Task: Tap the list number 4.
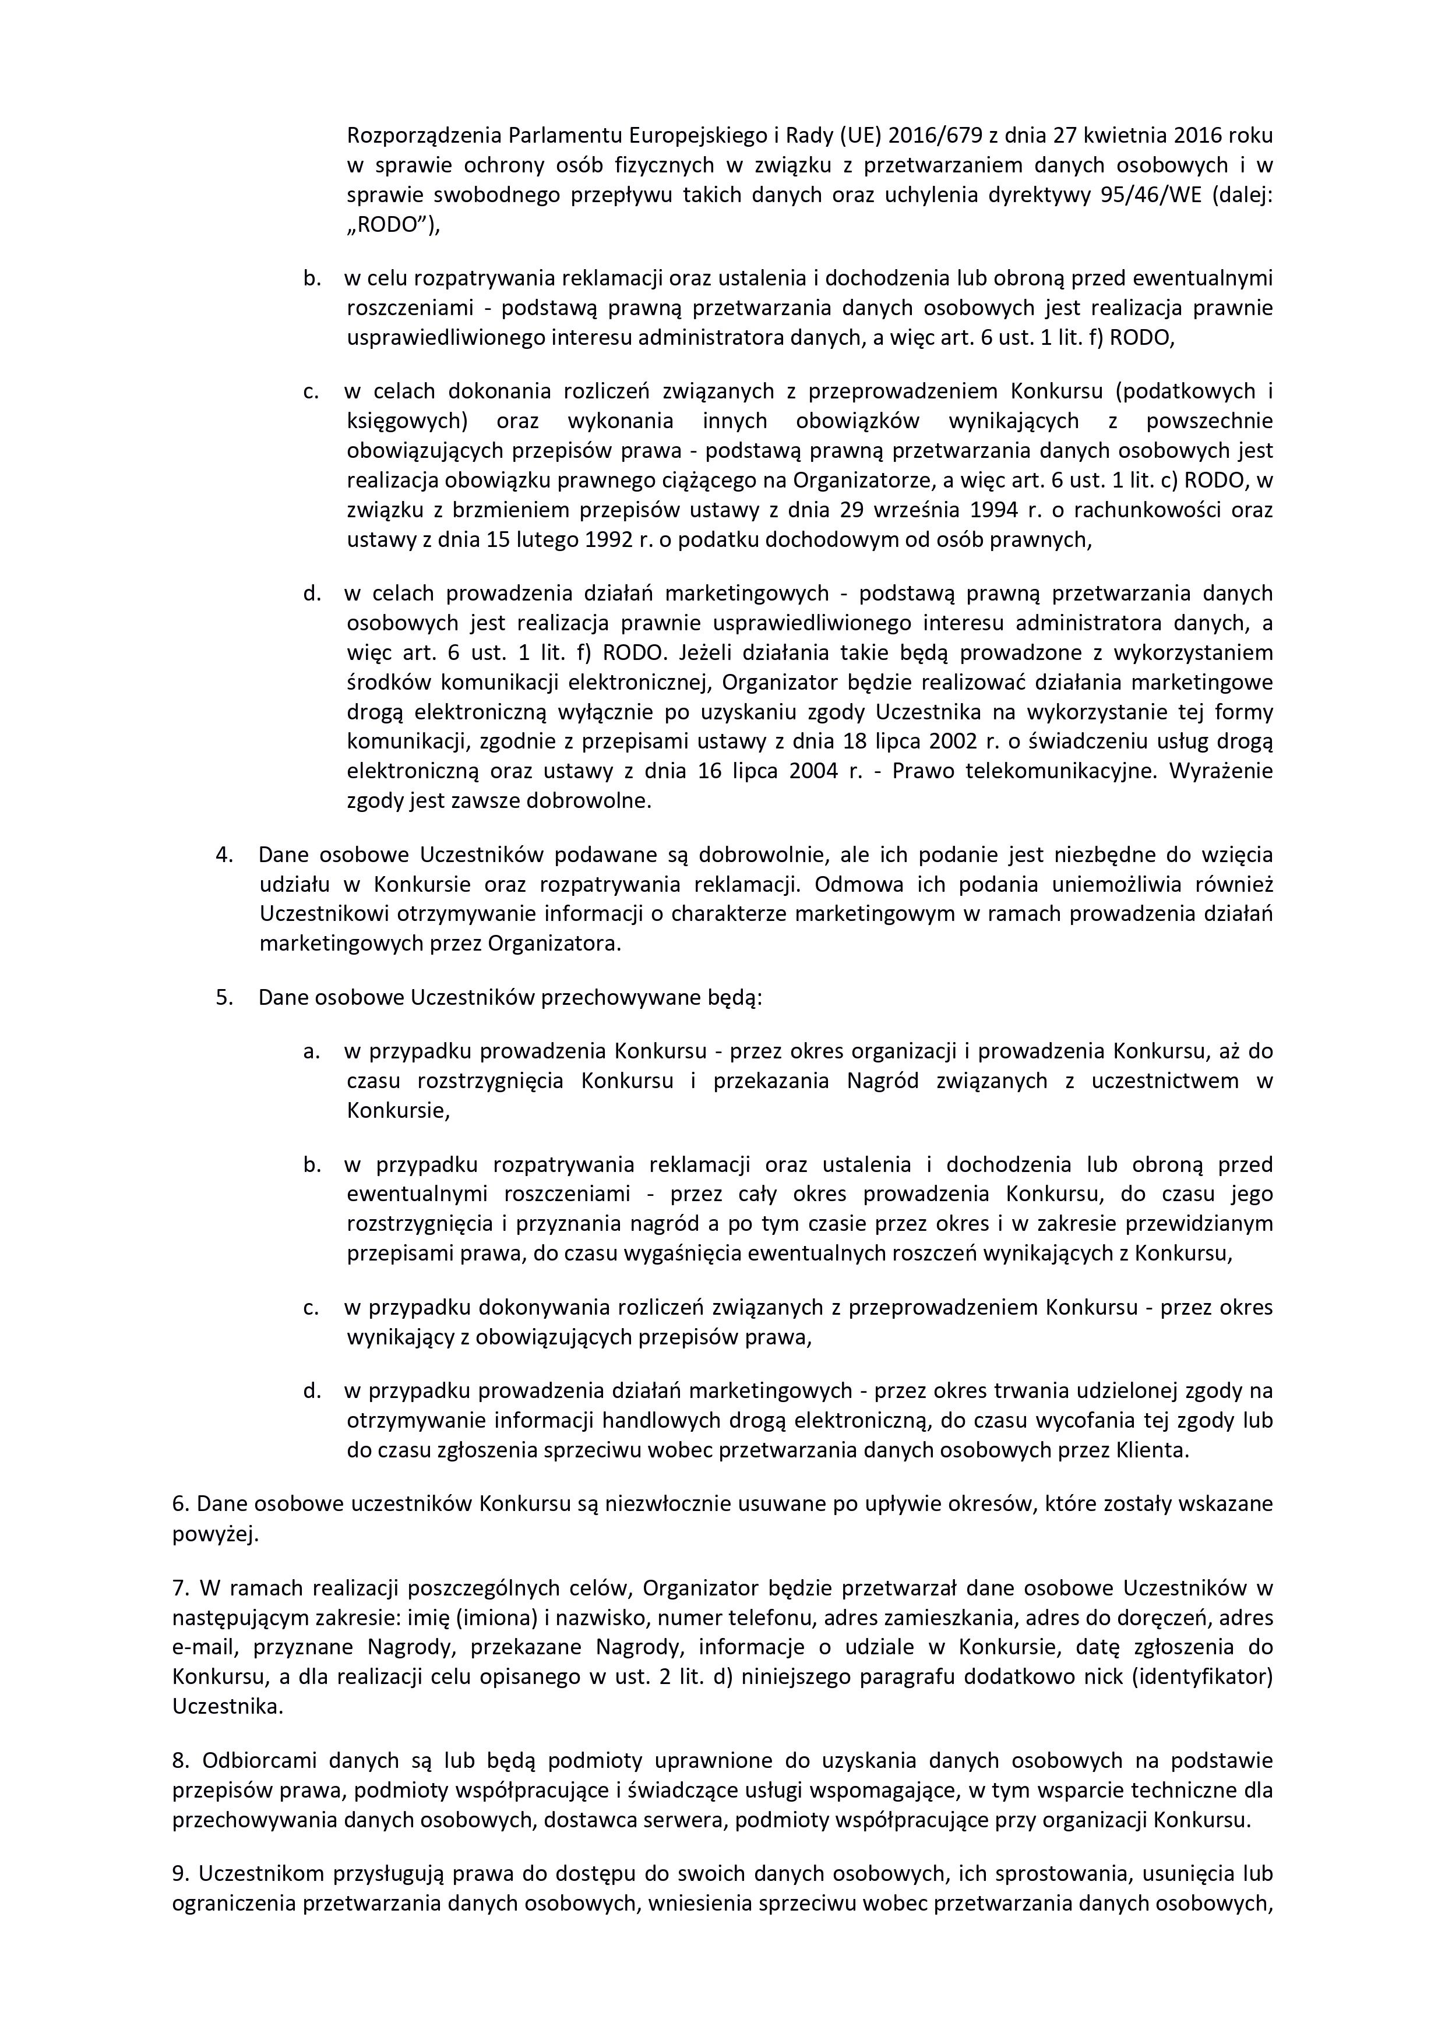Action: point(224,855)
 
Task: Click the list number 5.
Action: point(224,997)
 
